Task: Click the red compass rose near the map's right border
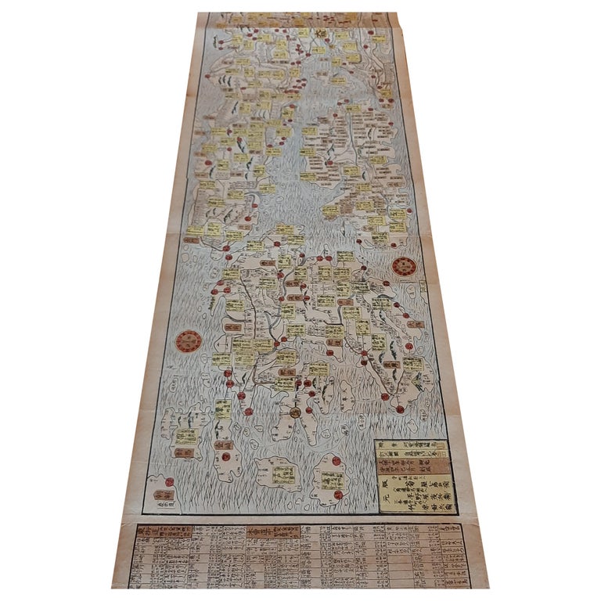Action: tap(405, 267)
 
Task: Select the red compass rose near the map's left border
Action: tap(188, 341)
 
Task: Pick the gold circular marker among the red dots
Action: tap(295, 411)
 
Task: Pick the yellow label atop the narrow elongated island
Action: tap(223, 409)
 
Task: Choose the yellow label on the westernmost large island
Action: tap(186, 436)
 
